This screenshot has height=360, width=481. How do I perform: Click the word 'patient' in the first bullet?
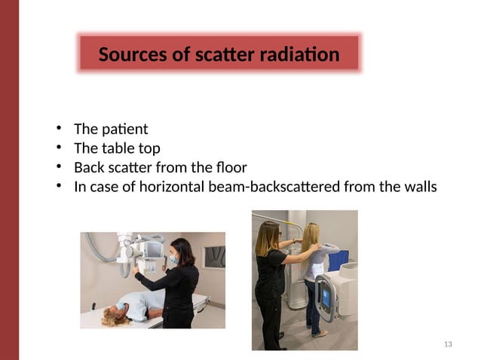pyautogui.click(x=127, y=129)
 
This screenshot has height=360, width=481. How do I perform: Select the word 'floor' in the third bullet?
pyautogui.click(x=229, y=167)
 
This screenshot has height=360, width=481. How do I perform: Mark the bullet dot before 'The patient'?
pyautogui.click(x=58, y=129)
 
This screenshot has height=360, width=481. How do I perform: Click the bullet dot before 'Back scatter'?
pyautogui.click(x=58, y=167)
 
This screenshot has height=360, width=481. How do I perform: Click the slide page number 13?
pyautogui.click(x=449, y=344)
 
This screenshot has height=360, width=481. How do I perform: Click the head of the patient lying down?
pyautogui.click(x=119, y=310)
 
